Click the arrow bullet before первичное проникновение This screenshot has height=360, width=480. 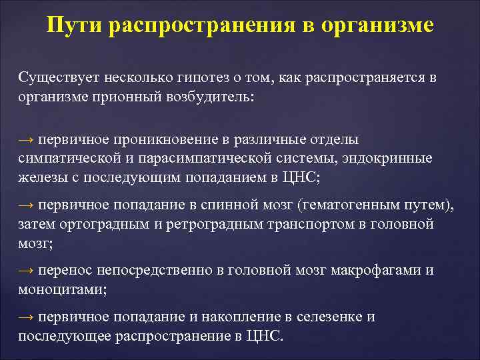coord(26,141)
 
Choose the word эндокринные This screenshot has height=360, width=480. coord(375,158)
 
